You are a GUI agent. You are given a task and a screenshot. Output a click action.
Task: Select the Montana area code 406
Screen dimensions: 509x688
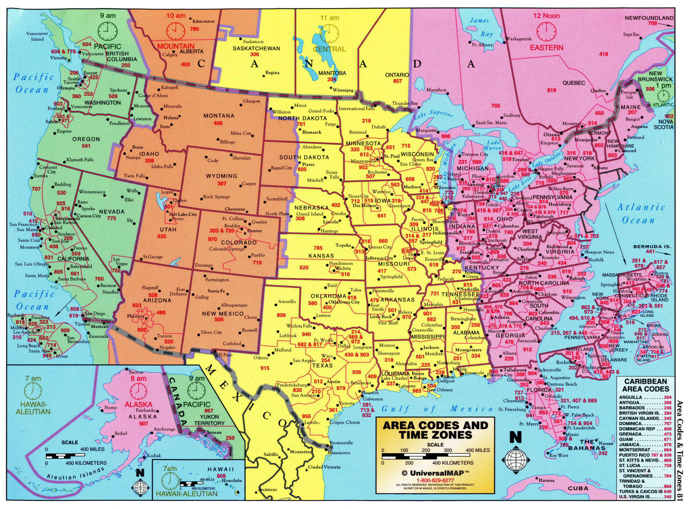218,123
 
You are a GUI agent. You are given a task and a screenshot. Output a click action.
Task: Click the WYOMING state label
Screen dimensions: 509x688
222,176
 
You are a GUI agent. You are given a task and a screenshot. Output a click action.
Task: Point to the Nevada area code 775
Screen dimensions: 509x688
112,218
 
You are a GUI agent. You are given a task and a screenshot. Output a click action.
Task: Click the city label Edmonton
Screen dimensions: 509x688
203,21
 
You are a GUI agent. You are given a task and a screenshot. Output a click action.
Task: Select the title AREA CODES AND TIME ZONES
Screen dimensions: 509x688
435,430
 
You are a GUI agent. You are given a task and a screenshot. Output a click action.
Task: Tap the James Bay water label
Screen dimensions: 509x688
482,27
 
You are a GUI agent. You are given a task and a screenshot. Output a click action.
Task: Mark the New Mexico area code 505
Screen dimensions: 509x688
219,319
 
